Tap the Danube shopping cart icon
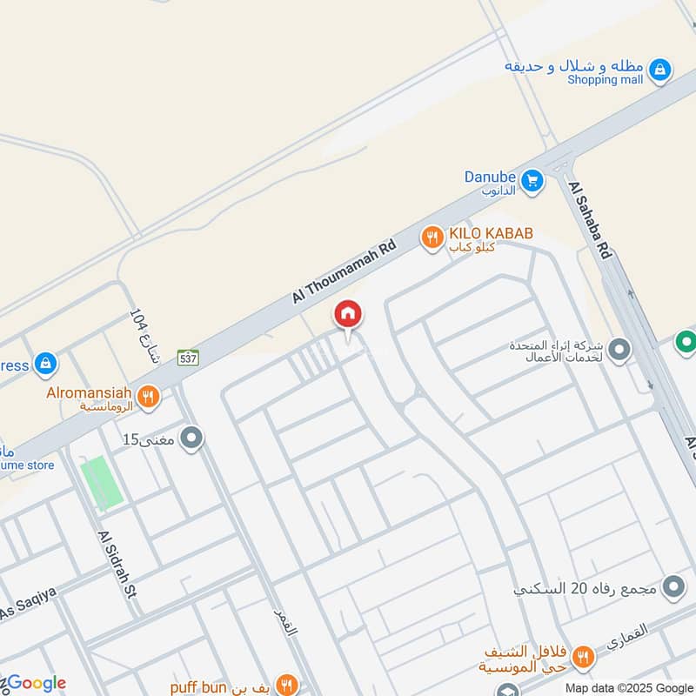tap(532, 181)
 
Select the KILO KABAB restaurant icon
tap(432, 237)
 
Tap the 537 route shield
tap(188, 357)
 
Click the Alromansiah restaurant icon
tap(149, 398)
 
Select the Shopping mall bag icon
tap(660, 70)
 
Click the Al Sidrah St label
tap(118, 565)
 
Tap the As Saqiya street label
tap(28, 603)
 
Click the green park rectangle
tap(102, 483)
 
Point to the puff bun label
tap(198, 687)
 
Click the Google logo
tap(35, 683)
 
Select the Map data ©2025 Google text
tap(628, 686)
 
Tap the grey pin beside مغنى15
tap(191, 438)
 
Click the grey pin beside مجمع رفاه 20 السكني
tap(673, 588)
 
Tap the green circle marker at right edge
tap(686, 343)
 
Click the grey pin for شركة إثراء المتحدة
tap(619, 351)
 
